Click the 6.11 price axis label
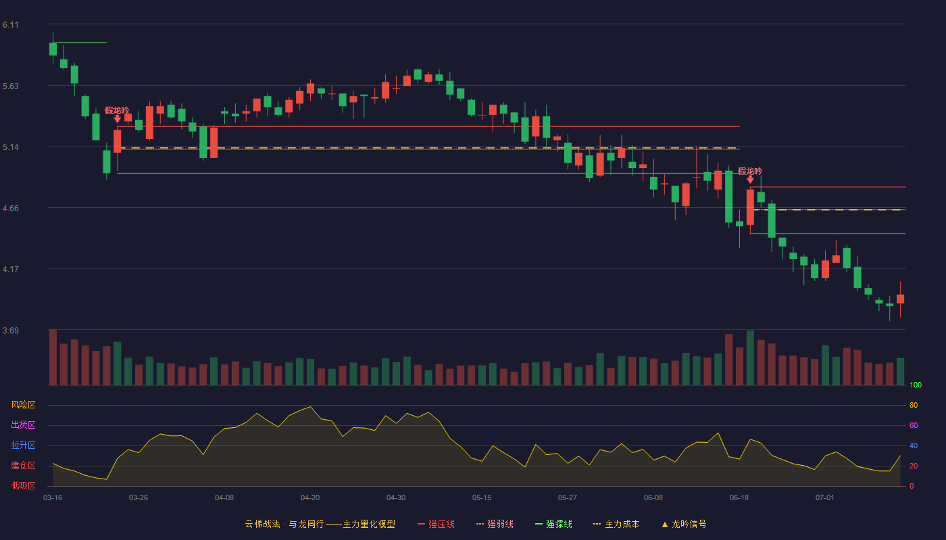pyautogui.click(x=11, y=25)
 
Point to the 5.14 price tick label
pyautogui.click(x=11, y=147)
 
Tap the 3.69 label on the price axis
pyautogui.click(x=11, y=330)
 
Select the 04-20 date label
pyautogui.click(x=310, y=498)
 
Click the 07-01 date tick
pyautogui.click(x=825, y=498)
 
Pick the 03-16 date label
pyautogui.click(x=53, y=498)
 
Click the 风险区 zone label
pyautogui.click(x=23, y=405)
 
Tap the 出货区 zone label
pyautogui.click(x=23, y=425)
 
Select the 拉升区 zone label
pyautogui.click(x=23, y=445)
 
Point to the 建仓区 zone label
pyautogui.click(x=23, y=465)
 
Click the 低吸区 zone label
pyautogui.click(x=23, y=485)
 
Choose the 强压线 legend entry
pyautogui.click(x=436, y=524)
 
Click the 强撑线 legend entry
pyautogui.click(x=553, y=524)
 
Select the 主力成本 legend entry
pyautogui.click(x=616, y=524)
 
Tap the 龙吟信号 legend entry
pyautogui.click(x=684, y=524)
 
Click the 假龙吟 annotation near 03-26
pyautogui.click(x=117, y=111)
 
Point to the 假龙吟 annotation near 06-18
pyautogui.click(x=750, y=171)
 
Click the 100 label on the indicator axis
pyautogui.click(x=916, y=385)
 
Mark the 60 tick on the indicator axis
pyautogui.click(x=914, y=425)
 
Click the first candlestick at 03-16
pyautogui.click(x=53, y=49)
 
